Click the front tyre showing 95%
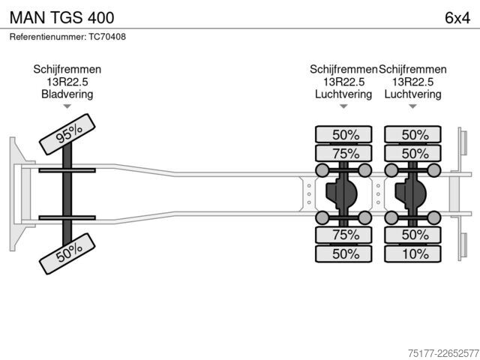(67, 134)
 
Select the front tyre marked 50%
(67, 253)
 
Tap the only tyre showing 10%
(412, 253)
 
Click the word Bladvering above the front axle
(67, 94)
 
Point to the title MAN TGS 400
(61, 18)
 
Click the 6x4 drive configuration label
(457, 18)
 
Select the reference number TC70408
(107, 37)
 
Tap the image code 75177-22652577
(443, 353)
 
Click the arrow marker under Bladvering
(67, 106)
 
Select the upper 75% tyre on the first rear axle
(343, 153)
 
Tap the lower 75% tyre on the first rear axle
(343, 235)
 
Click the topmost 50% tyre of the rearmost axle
(412, 134)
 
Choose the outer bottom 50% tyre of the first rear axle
(343, 253)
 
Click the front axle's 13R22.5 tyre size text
(67, 82)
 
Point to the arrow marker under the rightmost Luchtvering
(412, 106)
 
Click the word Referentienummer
(48, 37)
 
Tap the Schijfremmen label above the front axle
(67, 70)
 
